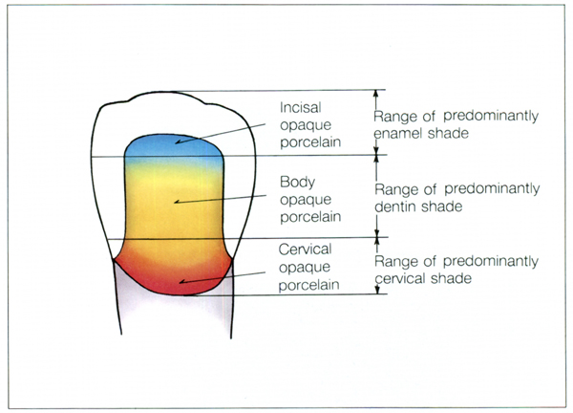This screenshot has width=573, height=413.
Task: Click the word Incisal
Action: [x=301, y=107]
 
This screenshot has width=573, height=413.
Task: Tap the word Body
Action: [x=297, y=183]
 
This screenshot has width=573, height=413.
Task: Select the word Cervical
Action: [x=305, y=250]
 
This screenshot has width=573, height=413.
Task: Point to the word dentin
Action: [x=395, y=206]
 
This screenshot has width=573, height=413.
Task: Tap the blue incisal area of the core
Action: [x=175, y=147]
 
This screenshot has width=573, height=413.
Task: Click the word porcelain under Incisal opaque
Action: [x=310, y=142]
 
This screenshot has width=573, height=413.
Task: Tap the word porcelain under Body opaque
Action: [x=310, y=217]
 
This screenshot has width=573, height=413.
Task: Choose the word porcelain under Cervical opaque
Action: [x=308, y=285]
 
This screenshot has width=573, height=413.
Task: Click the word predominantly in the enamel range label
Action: [x=491, y=117]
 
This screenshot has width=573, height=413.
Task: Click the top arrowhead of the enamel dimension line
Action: [x=375, y=94]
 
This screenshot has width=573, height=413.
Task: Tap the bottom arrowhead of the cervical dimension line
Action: [x=378, y=290]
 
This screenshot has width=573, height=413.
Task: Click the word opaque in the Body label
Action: [x=306, y=200]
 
